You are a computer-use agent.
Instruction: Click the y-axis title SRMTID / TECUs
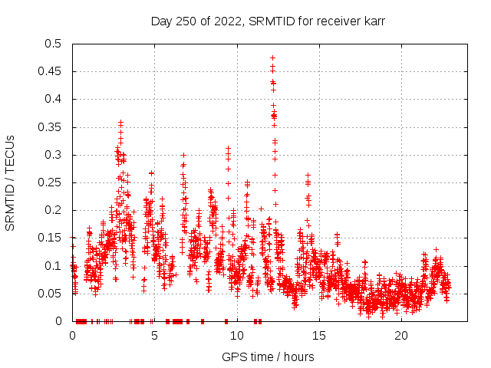[11, 182]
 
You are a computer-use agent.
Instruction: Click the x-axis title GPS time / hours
[268, 356]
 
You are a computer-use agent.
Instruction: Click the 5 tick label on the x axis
[154, 336]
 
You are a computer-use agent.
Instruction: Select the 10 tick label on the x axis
[237, 336]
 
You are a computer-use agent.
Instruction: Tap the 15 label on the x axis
[319, 336]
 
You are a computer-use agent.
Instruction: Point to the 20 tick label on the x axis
[401, 336]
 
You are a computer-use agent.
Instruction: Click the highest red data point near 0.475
[272, 58]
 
